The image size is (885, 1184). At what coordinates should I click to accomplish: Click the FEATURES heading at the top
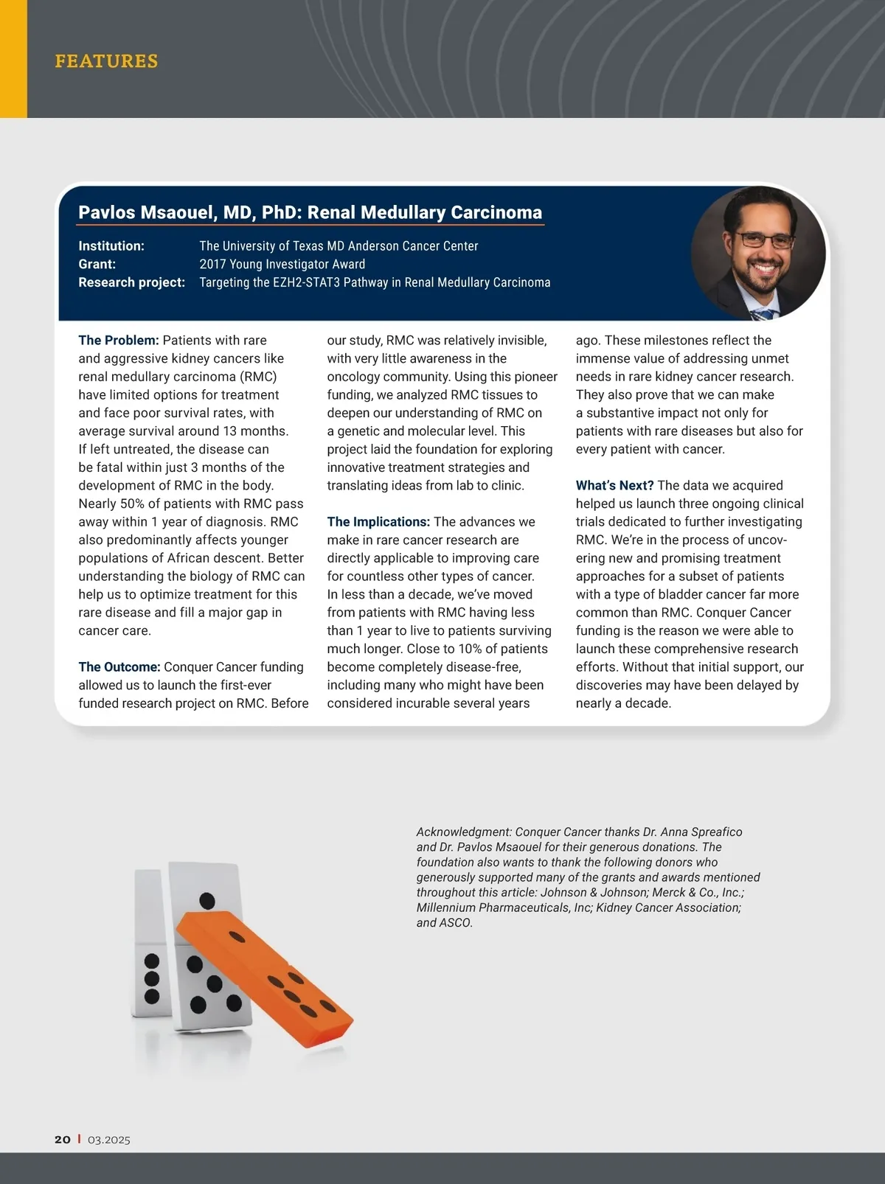point(106,60)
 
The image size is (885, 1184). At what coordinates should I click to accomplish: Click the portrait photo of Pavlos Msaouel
point(758,253)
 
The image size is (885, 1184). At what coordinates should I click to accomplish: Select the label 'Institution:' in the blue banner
point(111,246)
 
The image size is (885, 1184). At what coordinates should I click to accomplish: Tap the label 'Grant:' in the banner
point(97,264)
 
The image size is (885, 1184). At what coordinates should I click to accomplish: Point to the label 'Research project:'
point(131,282)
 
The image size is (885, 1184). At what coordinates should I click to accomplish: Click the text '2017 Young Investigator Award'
point(282,264)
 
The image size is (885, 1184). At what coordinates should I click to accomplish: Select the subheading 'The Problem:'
point(119,341)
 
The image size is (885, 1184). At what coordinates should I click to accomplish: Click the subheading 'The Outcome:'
point(119,667)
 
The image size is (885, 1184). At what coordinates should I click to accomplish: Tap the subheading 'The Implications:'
point(378,522)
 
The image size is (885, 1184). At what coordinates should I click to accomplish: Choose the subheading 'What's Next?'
point(614,486)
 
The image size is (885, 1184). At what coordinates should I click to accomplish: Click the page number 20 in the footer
point(63,1140)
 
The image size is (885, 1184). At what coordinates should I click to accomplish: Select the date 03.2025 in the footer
point(109,1140)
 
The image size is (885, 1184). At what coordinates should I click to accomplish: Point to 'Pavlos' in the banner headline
point(106,212)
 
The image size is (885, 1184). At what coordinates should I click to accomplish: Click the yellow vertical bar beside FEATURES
point(13,59)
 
